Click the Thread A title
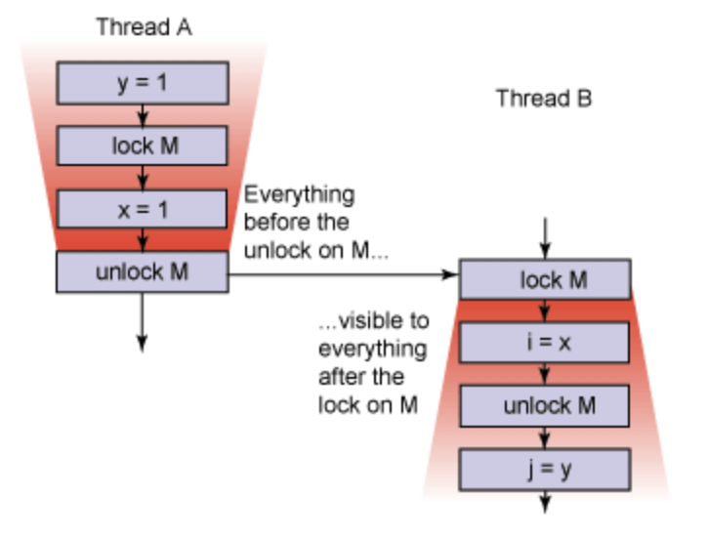143,27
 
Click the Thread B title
544,99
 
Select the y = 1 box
143,83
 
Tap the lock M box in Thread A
143,146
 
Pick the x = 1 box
143,209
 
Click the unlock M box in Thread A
143,272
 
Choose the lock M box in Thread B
544,280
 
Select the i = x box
544,343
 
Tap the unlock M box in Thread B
544,406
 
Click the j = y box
544,469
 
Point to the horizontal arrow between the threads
342,274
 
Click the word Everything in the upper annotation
299,193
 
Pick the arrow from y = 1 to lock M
143,114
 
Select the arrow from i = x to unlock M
544,374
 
